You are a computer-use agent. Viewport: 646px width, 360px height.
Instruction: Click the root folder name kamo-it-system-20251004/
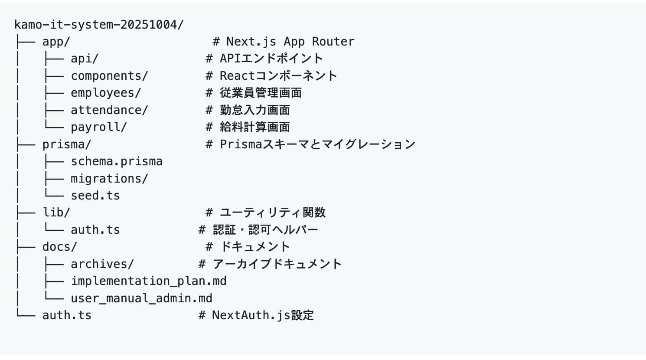[99, 24]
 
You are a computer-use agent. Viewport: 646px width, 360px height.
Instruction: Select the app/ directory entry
[56, 42]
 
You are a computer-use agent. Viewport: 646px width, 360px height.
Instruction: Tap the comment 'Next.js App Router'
[290, 42]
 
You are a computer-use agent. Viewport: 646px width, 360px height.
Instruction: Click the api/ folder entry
[85, 59]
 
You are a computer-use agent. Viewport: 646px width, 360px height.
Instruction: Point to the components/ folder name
[109, 76]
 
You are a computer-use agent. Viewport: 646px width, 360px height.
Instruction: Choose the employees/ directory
[106, 93]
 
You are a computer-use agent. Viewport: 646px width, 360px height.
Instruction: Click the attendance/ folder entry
[109, 110]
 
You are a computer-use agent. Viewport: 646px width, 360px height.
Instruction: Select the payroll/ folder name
[99, 127]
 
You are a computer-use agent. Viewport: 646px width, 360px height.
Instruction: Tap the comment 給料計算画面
[254, 127]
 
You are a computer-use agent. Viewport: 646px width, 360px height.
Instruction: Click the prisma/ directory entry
[67, 144]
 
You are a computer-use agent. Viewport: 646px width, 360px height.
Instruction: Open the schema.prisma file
[117, 161]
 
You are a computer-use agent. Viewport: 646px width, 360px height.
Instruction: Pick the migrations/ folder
[109, 178]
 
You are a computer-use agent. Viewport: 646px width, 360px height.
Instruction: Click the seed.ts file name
[95, 196]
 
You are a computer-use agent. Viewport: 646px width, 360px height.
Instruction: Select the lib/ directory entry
[56, 213]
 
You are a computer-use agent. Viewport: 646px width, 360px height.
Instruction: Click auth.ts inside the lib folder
[95, 230]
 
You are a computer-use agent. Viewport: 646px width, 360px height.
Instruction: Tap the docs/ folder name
[59, 247]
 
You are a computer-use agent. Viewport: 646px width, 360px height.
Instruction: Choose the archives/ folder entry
[102, 264]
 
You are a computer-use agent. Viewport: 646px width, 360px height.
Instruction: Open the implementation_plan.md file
[148, 281]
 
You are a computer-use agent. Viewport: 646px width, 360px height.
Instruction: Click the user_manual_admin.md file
[141, 298]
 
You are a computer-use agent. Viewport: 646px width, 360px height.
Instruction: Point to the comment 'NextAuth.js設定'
[262, 315]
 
